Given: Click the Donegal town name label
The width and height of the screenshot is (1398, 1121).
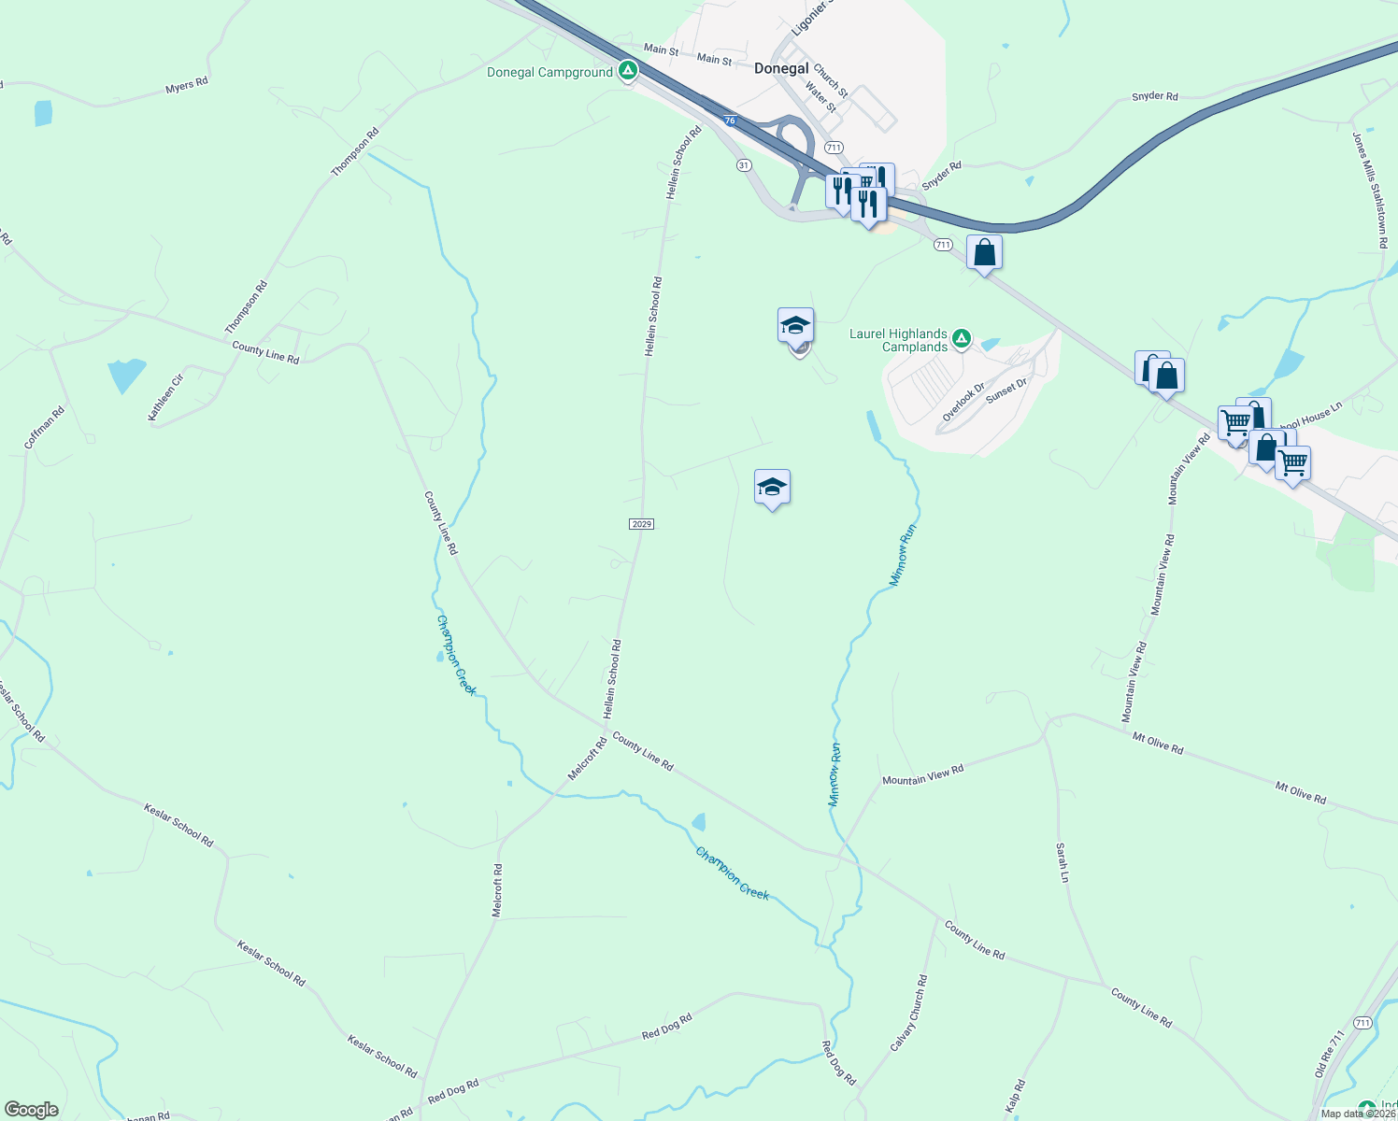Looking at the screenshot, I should click(x=781, y=68).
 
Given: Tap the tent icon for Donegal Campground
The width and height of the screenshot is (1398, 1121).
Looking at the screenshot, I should click(x=629, y=71).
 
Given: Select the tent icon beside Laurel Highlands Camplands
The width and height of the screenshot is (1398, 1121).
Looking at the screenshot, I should click(x=961, y=338).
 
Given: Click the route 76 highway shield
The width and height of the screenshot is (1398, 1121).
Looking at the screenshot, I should click(x=730, y=121).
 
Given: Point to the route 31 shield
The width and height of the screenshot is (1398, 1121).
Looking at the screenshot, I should click(x=744, y=164).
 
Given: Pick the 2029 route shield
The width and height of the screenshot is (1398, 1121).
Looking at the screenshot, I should click(x=641, y=524).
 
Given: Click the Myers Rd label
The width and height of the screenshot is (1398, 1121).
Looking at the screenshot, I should click(x=187, y=85).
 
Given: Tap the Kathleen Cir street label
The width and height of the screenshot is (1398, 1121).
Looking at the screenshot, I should click(x=166, y=398).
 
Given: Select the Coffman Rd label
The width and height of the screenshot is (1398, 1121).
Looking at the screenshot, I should click(x=45, y=427).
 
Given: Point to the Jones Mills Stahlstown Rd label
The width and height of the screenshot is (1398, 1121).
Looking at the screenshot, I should click(x=1370, y=191).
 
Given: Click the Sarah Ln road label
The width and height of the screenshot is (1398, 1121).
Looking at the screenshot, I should click(x=1062, y=862).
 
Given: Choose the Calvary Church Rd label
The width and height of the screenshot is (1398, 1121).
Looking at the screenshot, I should click(x=908, y=1014).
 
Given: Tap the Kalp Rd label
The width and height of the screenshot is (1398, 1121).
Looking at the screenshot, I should click(x=1015, y=1097).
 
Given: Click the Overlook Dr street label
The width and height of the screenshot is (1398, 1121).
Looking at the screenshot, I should click(x=963, y=402).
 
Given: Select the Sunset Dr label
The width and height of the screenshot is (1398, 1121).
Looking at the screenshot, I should click(x=1006, y=390).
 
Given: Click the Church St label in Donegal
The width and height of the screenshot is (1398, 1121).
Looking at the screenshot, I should click(x=830, y=80).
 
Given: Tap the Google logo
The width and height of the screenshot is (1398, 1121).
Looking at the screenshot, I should click(x=31, y=1110).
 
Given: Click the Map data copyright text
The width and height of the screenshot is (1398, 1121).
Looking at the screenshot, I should click(x=1358, y=1114).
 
